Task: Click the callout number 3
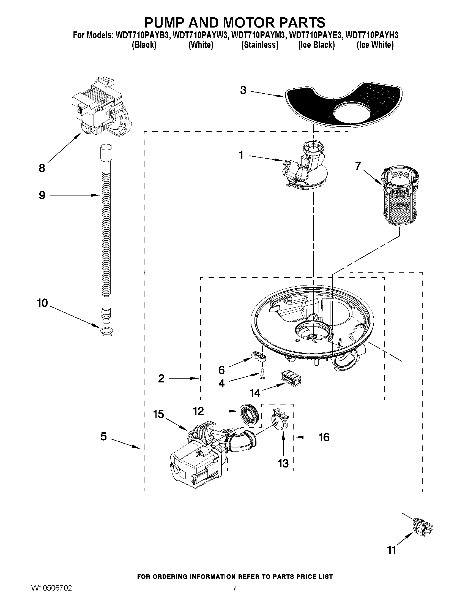(243, 90)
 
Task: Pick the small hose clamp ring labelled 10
(106, 331)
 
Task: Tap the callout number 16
(324, 437)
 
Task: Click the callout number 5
(103, 436)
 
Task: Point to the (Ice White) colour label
(375, 45)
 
